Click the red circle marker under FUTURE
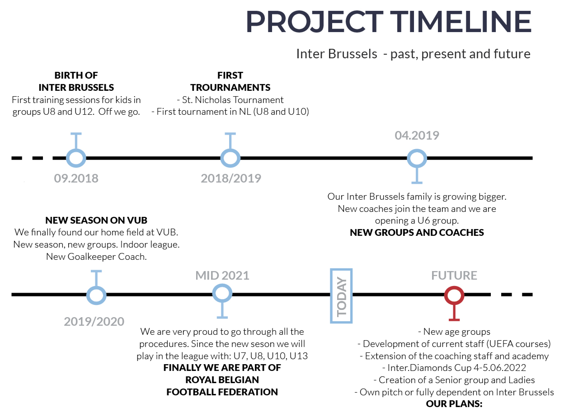pos(454,286)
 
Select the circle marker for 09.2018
pos(76,150)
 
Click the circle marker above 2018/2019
pos(230,150)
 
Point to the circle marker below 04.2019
pos(417,150)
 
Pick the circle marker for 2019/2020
pos(96,287)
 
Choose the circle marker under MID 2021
pos(222,285)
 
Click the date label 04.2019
pos(417,136)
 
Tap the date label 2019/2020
pos(94,322)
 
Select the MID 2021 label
pos(222,276)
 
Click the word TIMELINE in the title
pos(461,21)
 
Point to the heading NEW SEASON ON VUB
pos(96,220)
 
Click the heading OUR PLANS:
pos(454,403)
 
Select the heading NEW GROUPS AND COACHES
pos(417,232)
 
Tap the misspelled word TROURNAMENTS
pos(230,87)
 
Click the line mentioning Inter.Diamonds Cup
pos(454,367)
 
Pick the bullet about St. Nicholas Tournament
pos(230,100)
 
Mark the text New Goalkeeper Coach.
pos(96,257)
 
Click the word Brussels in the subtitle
pos(353,54)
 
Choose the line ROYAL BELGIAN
pos(222,380)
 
